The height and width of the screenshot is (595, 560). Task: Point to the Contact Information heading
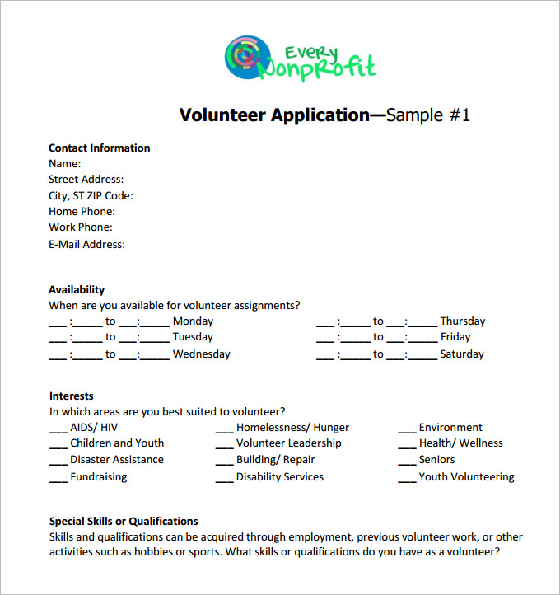[99, 148]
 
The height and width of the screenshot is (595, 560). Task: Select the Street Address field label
[86, 180]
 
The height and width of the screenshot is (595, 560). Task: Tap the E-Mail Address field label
[86, 244]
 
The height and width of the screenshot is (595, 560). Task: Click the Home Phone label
[82, 212]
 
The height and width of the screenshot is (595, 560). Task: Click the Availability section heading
[77, 290]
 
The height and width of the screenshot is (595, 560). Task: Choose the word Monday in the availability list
[193, 321]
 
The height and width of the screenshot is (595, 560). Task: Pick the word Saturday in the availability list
[462, 354]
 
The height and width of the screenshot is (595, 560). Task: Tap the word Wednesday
[201, 354]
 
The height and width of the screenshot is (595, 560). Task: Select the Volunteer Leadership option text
[288, 443]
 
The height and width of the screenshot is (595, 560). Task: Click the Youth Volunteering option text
[466, 477]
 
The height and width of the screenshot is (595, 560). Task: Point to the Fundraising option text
[99, 477]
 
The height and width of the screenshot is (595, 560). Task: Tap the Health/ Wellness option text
[460, 443]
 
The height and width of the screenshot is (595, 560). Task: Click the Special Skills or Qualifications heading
[124, 522]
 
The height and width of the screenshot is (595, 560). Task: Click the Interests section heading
[72, 396]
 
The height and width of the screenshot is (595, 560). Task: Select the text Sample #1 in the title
[428, 115]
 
